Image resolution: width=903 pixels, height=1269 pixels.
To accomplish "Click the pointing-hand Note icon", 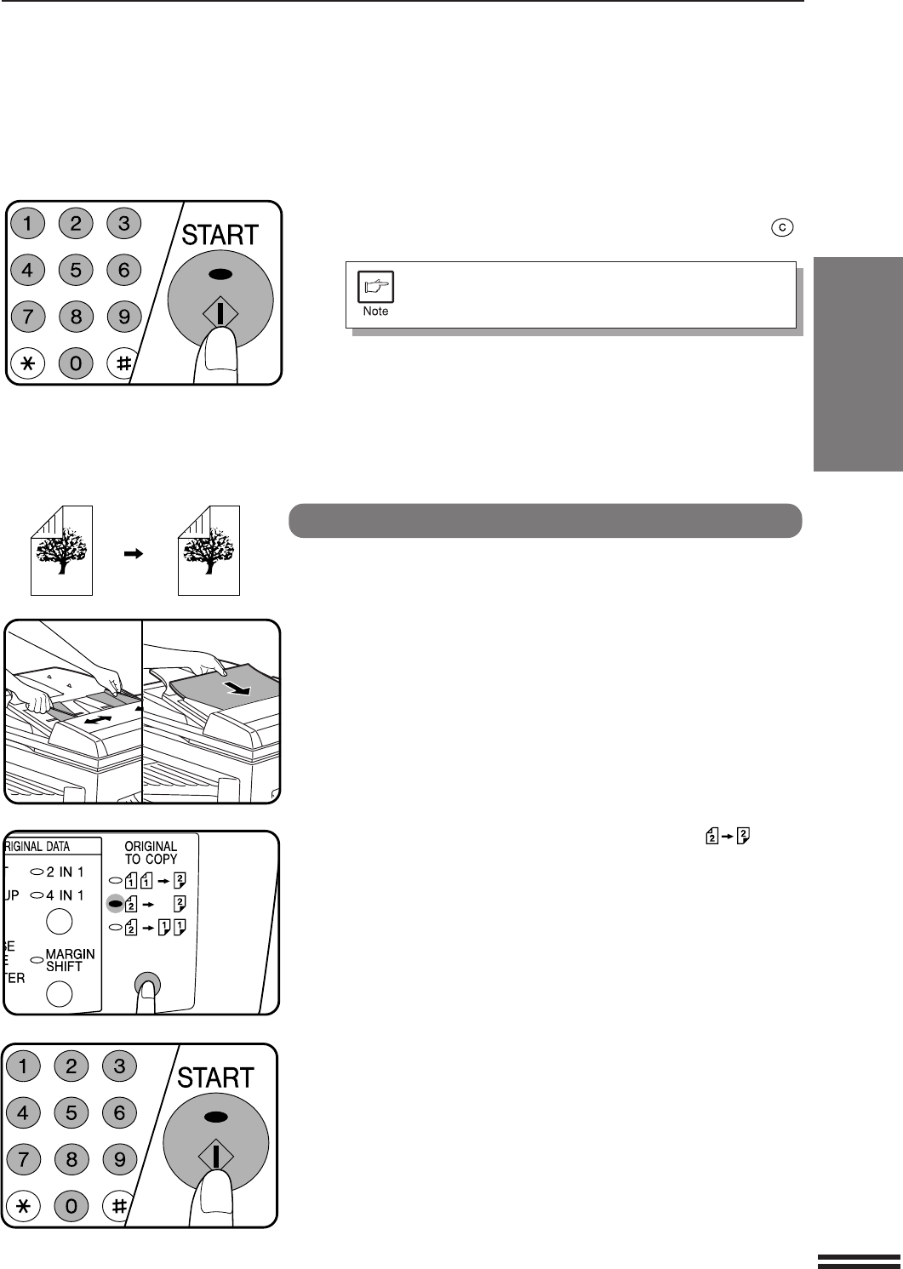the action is coord(375,287).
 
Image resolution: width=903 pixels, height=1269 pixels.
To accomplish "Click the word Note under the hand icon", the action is coord(375,311).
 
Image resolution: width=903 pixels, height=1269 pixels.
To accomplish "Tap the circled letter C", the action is coord(782,227).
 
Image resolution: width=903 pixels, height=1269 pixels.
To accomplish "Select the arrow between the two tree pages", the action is coord(133,553).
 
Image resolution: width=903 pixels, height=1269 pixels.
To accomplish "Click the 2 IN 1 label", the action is coord(66,872).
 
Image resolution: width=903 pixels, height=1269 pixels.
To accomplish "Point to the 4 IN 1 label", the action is coord(66,895).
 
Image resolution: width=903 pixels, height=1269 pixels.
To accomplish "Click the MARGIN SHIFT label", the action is coord(71,960).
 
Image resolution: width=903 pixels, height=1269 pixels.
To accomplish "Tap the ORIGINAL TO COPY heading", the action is coord(151,853).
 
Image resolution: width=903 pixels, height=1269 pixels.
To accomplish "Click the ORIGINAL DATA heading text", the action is coord(37,846).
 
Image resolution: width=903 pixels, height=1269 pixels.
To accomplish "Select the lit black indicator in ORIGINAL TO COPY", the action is coord(115,904).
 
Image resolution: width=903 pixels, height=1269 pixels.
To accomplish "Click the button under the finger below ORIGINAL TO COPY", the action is coord(147,985).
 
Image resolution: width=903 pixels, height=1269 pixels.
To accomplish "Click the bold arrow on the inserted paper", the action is coord(237,688).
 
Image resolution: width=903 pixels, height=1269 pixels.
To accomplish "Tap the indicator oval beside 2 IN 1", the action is coord(37,872).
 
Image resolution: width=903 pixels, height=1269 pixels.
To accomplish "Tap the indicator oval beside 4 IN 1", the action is coord(37,895).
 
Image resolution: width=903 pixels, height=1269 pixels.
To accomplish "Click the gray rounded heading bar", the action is coord(545,521).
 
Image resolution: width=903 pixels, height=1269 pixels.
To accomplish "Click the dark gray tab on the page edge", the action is coord(858,364).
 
